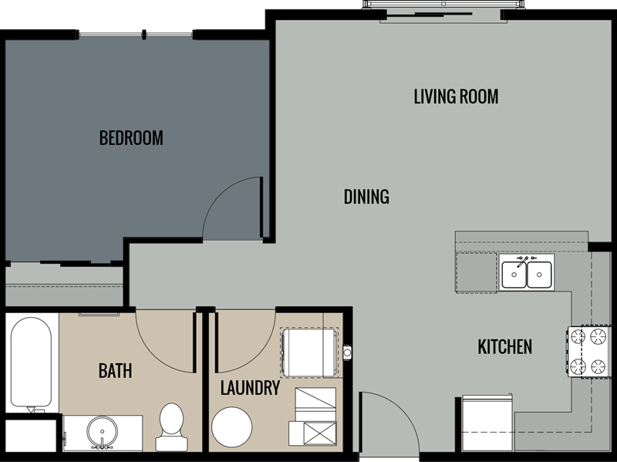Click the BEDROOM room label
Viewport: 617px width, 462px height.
pyautogui.click(x=131, y=138)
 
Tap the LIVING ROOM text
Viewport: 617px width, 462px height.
pyautogui.click(x=456, y=96)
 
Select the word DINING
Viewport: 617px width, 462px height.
pyautogui.click(x=366, y=197)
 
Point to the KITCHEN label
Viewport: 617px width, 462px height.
pyautogui.click(x=504, y=347)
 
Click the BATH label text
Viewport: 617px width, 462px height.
pyautogui.click(x=115, y=371)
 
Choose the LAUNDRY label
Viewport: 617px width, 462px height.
pyautogui.click(x=249, y=387)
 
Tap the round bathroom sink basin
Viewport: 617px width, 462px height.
pyautogui.click(x=99, y=429)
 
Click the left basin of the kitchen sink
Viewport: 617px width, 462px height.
pyautogui.click(x=514, y=274)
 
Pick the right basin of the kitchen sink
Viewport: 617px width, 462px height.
pyautogui.click(x=539, y=274)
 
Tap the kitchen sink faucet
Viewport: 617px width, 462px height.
pyautogui.click(x=526, y=260)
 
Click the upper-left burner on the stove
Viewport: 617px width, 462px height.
pyautogui.click(x=578, y=336)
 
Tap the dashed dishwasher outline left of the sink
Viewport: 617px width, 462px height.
pyautogui.click(x=476, y=271)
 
